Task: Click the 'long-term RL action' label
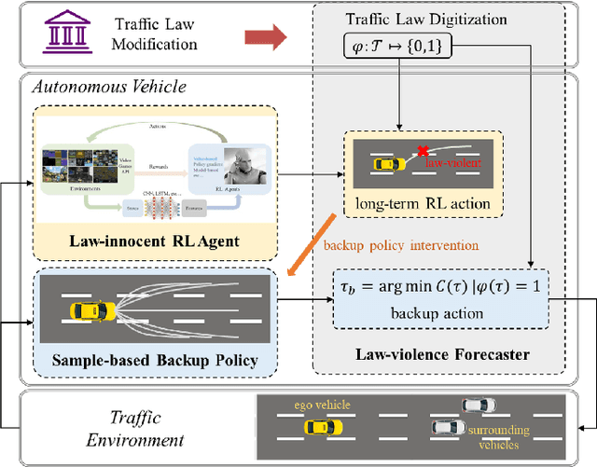(423, 202)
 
